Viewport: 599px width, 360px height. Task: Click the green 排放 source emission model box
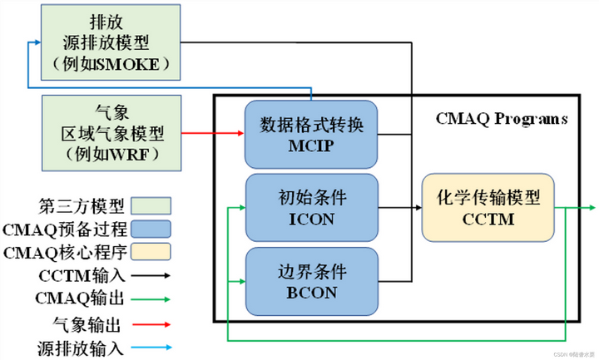click(110, 40)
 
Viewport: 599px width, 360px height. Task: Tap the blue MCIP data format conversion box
click(311, 133)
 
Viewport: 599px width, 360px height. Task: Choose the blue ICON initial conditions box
click(311, 209)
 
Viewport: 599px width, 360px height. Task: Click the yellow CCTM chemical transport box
click(488, 208)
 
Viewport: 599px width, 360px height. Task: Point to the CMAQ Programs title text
click(502, 119)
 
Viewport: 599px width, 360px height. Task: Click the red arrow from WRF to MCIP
click(212, 131)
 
